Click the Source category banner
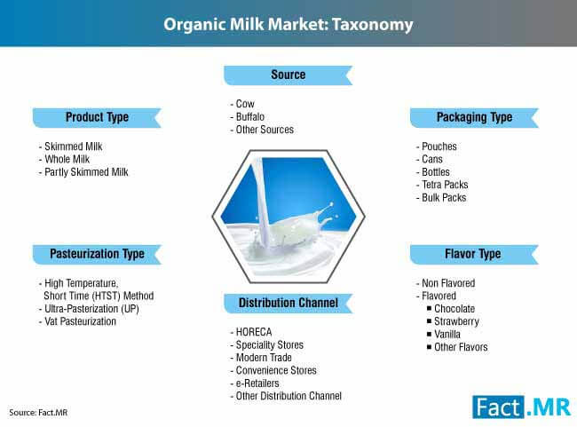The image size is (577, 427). (x=288, y=75)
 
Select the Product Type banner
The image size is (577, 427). (x=97, y=118)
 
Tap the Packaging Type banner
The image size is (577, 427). (x=474, y=118)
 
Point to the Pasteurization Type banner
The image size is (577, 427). (x=97, y=255)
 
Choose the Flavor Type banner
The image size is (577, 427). (x=474, y=255)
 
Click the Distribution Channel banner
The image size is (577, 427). (x=288, y=304)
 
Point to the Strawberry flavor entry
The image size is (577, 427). (x=456, y=321)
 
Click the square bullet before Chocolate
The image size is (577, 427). (x=429, y=308)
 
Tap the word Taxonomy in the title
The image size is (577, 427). (x=373, y=25)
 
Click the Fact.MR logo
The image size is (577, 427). (x=521, y=407)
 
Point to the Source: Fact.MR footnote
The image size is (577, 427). (x=38, y=412)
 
